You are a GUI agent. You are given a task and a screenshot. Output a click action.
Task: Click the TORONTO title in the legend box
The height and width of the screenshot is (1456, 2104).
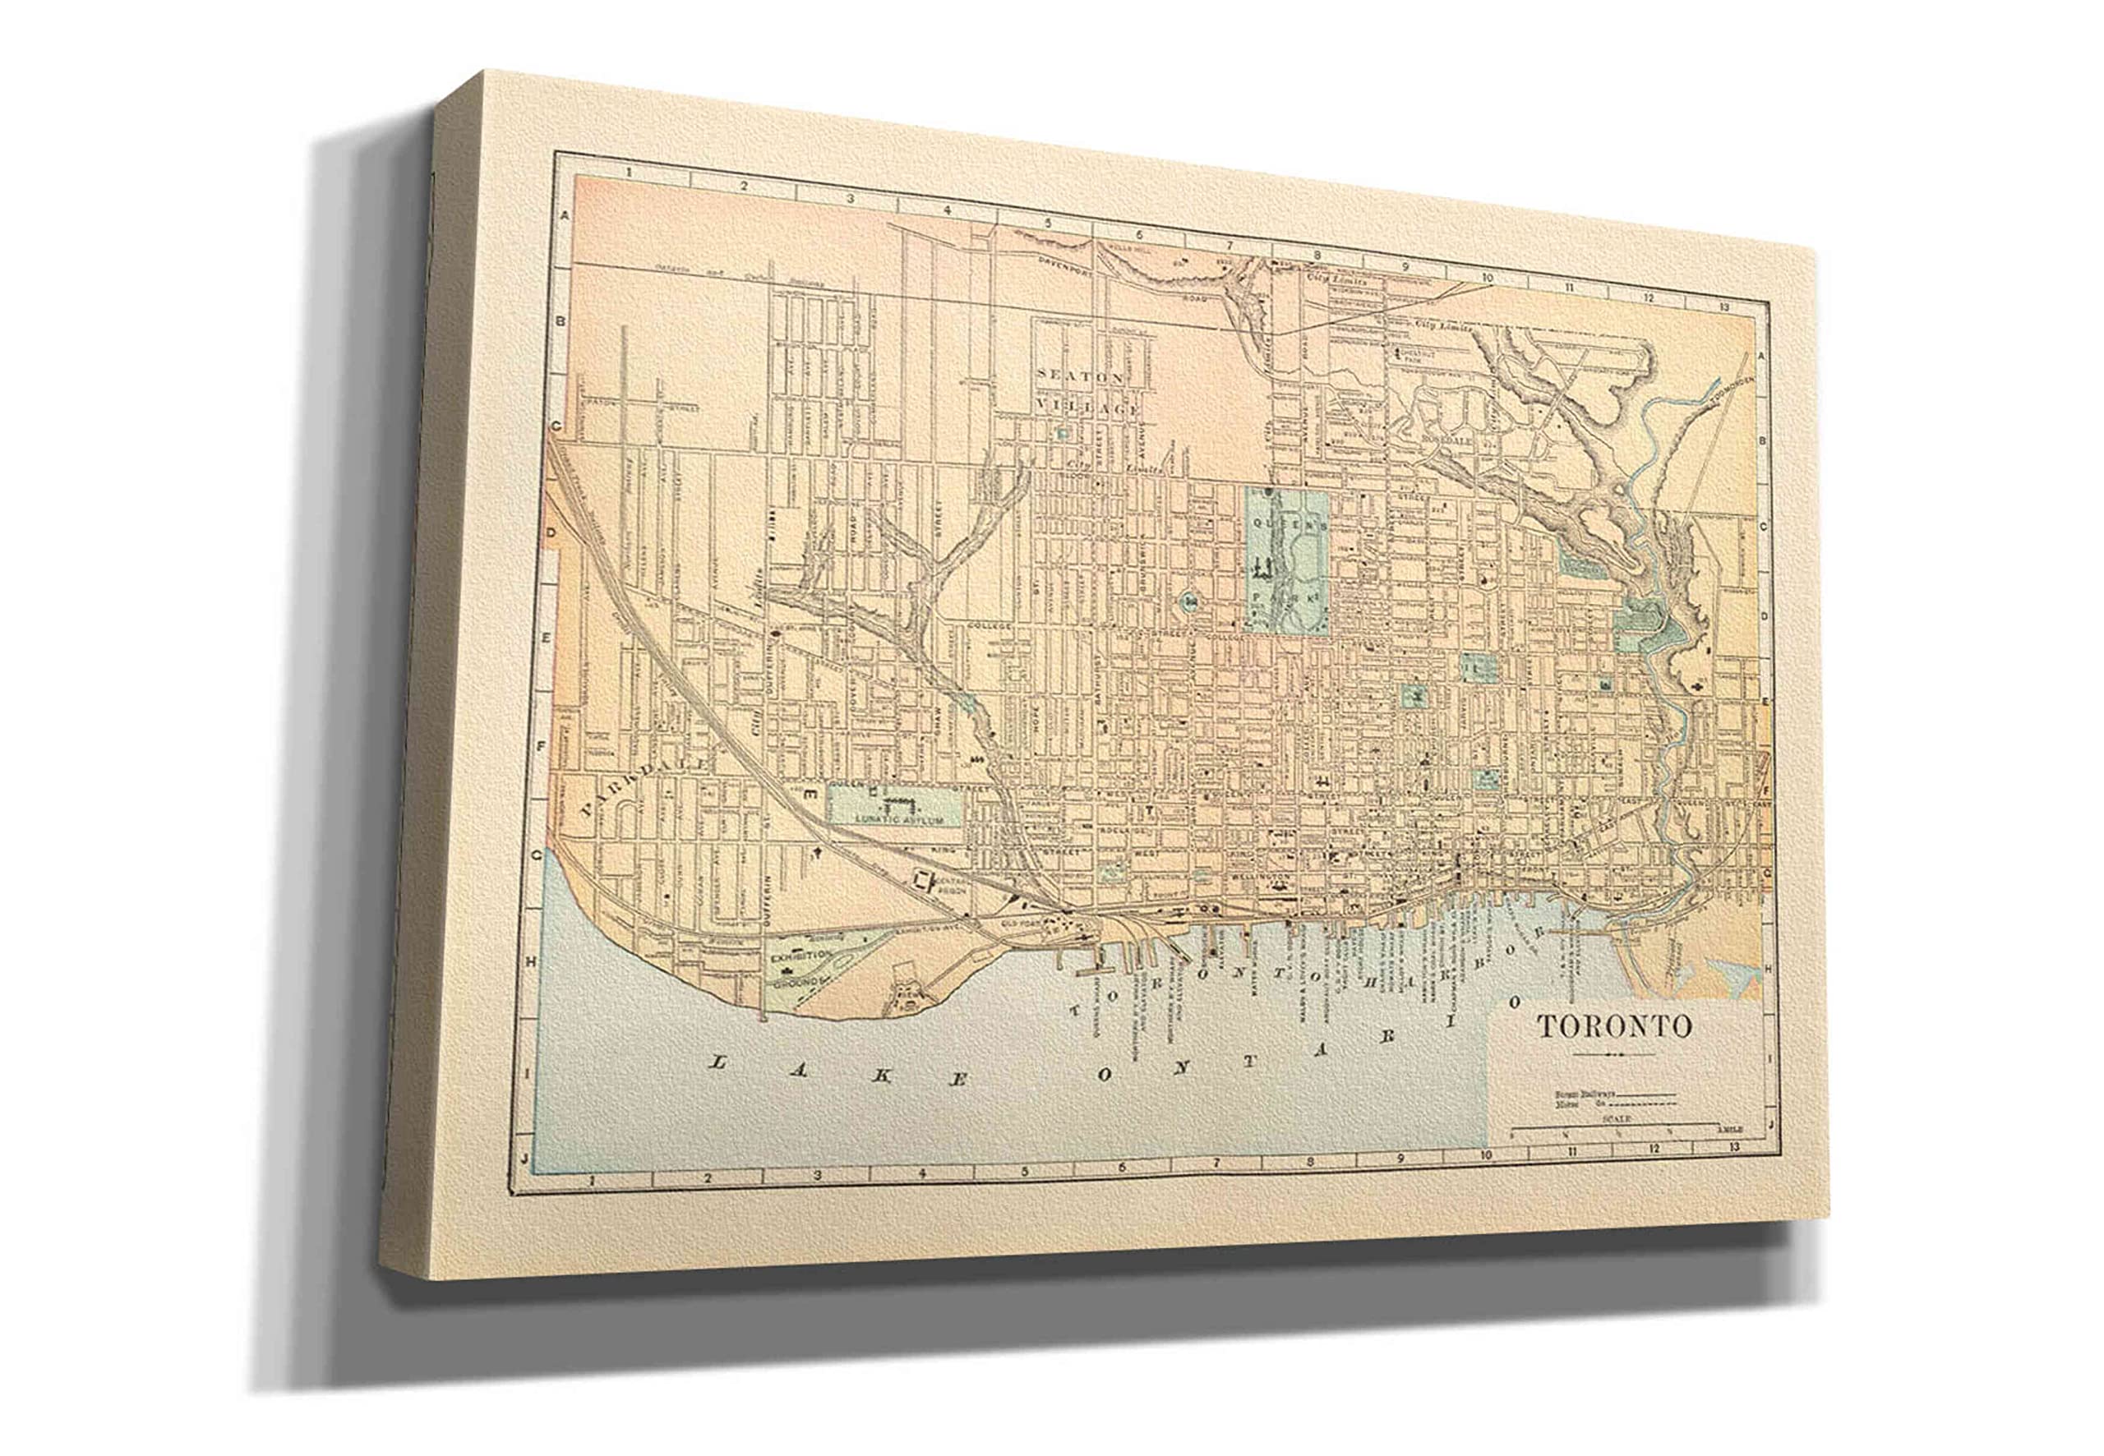[1615, 1026]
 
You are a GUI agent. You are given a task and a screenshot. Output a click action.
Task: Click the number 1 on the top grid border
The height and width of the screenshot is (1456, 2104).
[630, 172]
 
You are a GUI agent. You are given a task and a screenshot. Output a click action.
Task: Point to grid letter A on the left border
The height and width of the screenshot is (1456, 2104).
[564, 216]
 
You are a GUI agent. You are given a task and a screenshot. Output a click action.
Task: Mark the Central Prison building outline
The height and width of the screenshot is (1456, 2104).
[922, 880]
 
